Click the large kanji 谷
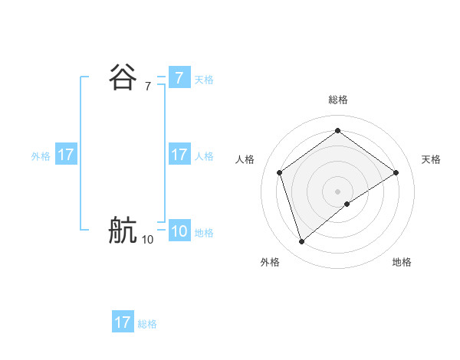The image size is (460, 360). coord(123,77)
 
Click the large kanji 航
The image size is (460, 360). coord(123,230)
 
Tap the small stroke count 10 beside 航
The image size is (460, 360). coord(147,240)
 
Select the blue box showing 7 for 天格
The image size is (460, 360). coord(179,78)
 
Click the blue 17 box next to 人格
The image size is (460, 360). coord(179,155)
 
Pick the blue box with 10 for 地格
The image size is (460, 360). coord(179,231)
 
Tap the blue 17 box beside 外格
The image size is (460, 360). coord(66,155)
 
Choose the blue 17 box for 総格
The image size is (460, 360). coord(123,322)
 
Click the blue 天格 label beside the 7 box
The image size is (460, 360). coord(204,80)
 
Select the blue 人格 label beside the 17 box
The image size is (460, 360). coord(204,156)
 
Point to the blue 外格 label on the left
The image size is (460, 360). coord(41,156)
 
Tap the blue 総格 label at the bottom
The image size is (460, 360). coord(147,324)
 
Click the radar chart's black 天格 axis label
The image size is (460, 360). coord(431,159)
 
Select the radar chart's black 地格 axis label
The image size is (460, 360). coord(402,262)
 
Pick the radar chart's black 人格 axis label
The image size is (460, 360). coord(245,159)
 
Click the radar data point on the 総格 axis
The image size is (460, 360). coord(337,131)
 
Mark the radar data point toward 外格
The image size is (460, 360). coord(301,242)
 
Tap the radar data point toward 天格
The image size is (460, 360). coord(396,172)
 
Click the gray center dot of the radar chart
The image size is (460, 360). coord(337,191)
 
